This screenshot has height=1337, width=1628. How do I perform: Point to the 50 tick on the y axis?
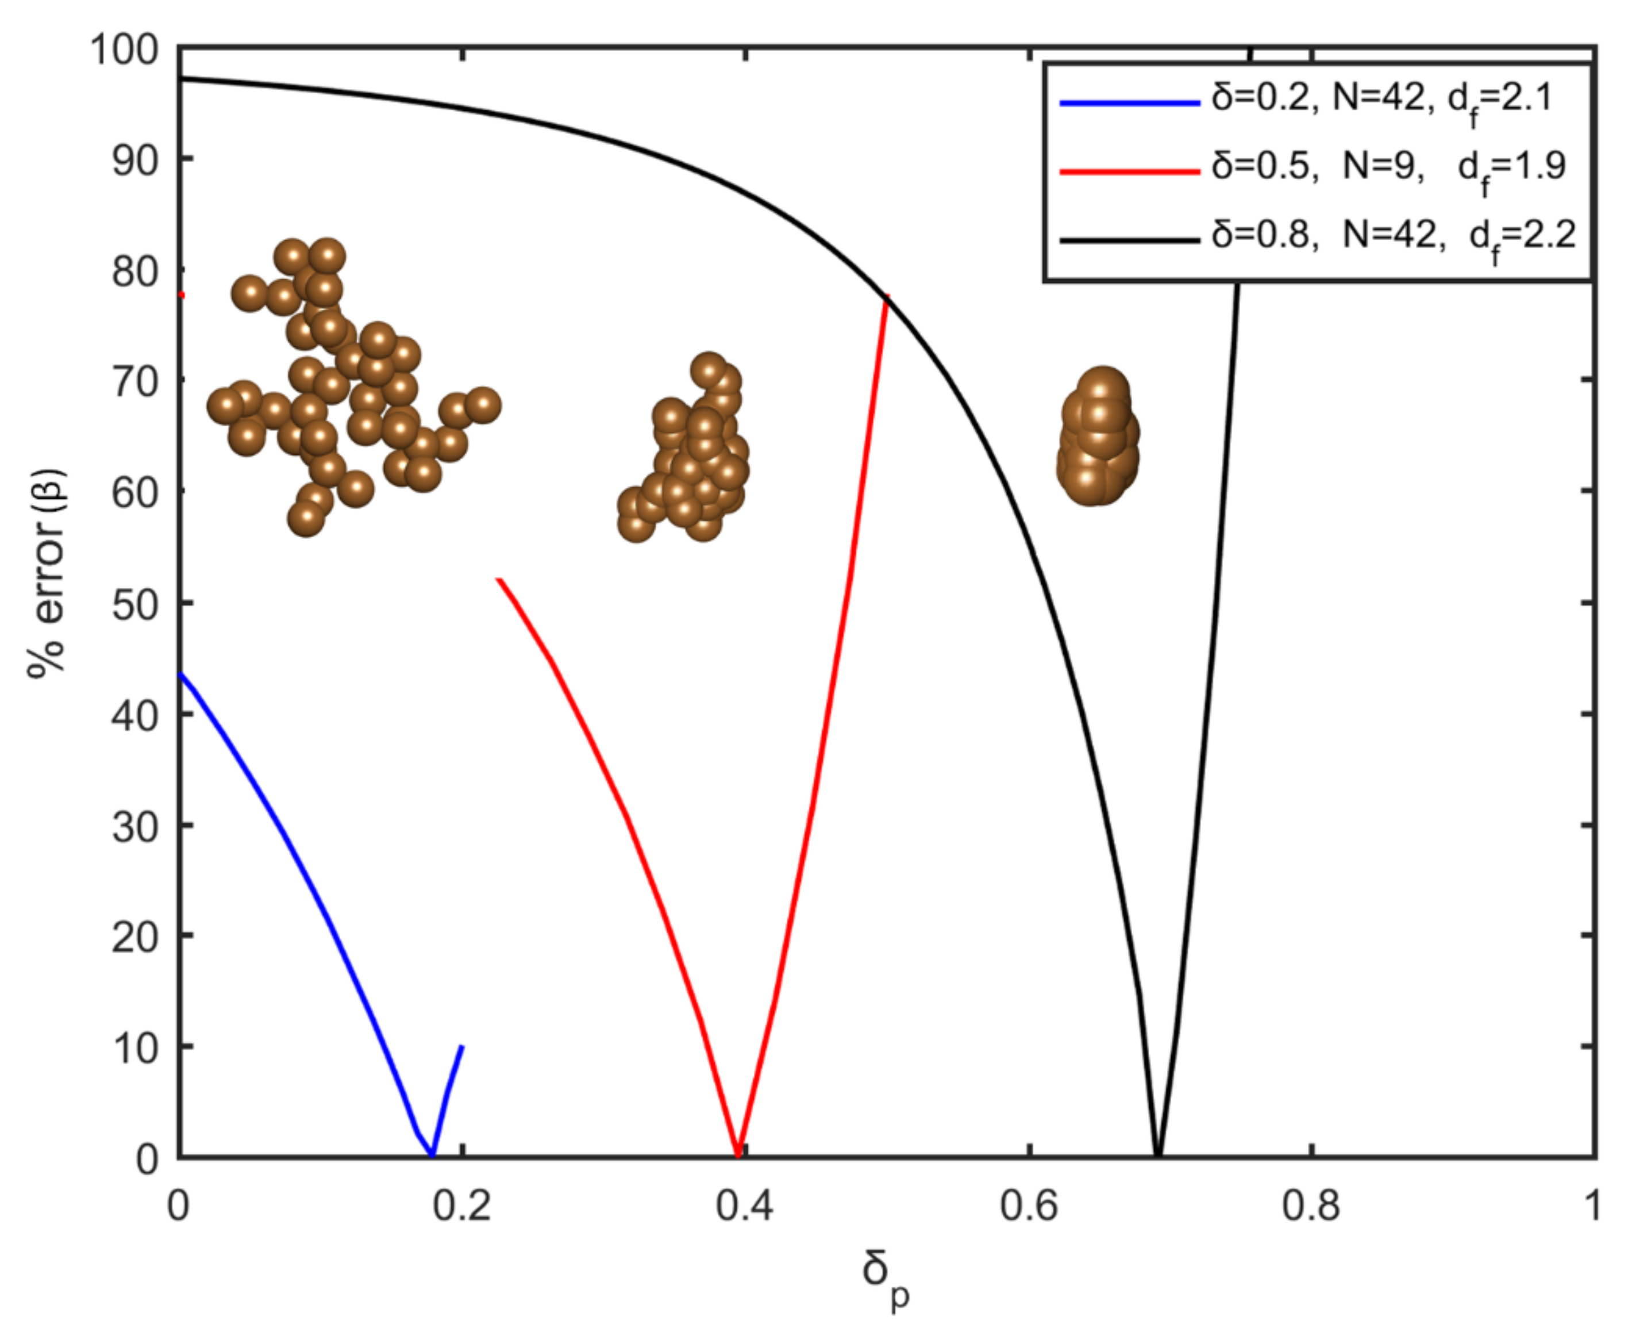pos(137,604)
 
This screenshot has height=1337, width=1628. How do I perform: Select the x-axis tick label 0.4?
pos(744,1207)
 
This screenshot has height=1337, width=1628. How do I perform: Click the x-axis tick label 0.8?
pos(1311,1207)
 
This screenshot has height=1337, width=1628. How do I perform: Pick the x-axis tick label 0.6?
pos(1028,1207)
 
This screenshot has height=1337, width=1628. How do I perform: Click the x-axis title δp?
pos(884,1272)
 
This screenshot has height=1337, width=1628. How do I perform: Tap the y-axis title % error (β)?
pos(48,574)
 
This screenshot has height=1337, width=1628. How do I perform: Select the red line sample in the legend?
pos(1129,171)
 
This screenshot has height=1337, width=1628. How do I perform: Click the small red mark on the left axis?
pos(182,295)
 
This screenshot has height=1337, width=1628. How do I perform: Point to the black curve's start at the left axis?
pos(182,79)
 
